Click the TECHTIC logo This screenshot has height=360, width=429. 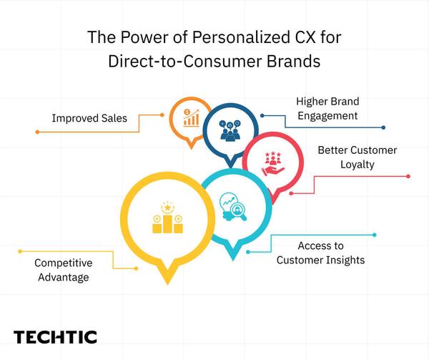[x=55, y=337]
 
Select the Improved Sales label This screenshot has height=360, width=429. [x=89, y=117]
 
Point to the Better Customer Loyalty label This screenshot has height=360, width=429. [x=357, y=157]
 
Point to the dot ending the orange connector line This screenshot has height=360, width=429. [x=36, y=132]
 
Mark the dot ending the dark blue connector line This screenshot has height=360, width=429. [x=384, y=127]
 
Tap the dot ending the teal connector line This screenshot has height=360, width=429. [x=375, y=234]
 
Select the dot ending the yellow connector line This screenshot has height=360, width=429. [x=21, y=251]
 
